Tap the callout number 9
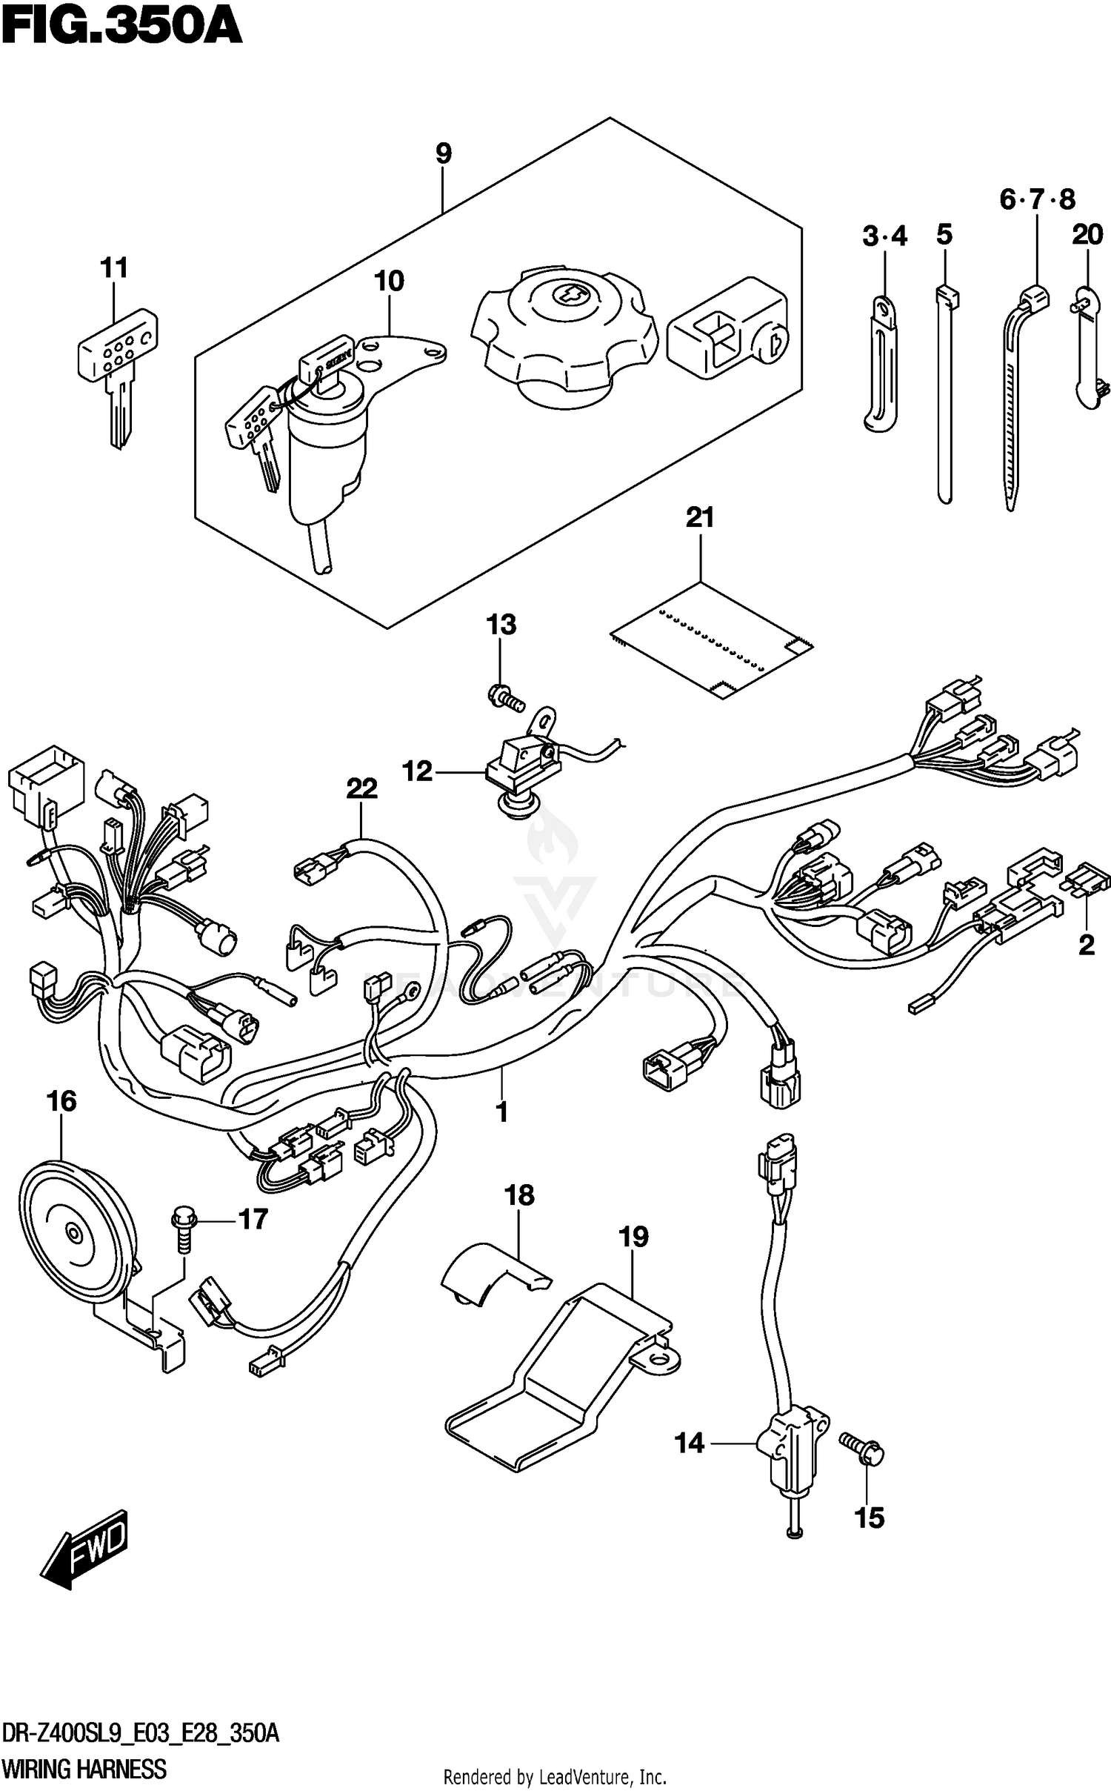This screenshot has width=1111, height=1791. click(442, 153)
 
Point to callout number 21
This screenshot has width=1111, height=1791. click(699, 517)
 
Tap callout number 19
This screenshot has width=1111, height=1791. click(634, 1237)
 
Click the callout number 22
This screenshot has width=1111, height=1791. click(361, 788)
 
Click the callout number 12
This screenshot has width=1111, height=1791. click(417, 771)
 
